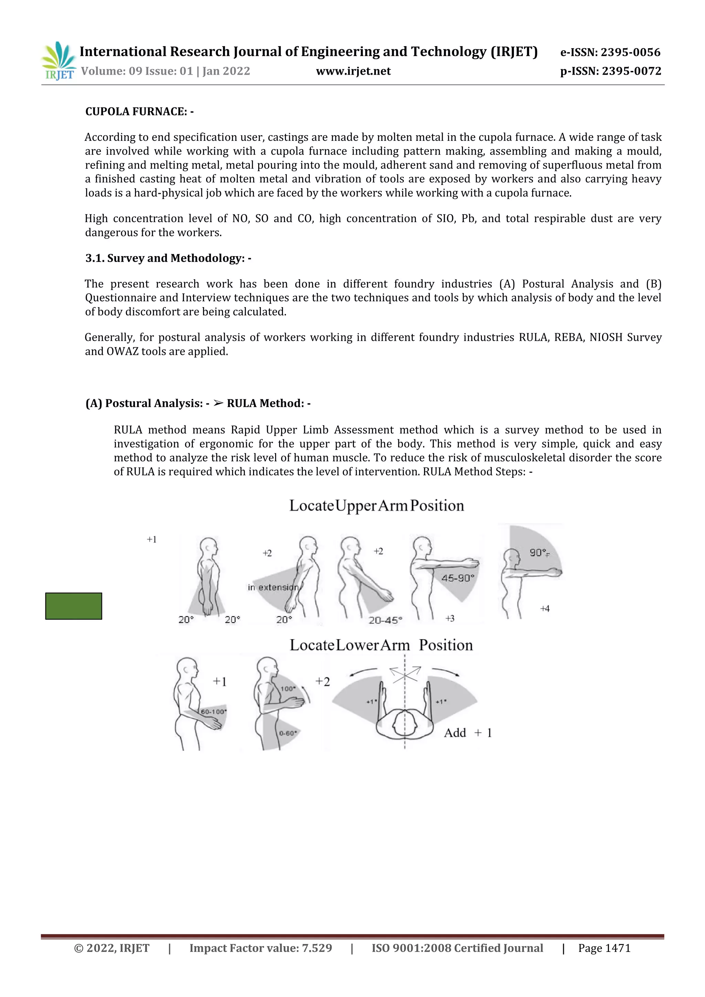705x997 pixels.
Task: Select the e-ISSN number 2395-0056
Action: click(x=630, y=53)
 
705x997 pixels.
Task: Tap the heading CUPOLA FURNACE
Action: click(x=139, y=112)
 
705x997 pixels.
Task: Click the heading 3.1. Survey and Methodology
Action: click(x=168, y=258)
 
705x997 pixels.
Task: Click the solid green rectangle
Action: click(x=73, y=606)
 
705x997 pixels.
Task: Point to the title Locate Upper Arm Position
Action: click(x=376, y=505)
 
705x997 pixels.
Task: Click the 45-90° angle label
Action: click(x=457, y=578)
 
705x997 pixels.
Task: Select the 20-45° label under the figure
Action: click(x=385, y=620)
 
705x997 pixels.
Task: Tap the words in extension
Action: click(x=273, y=588)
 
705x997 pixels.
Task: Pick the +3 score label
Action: click(x=450, y=618)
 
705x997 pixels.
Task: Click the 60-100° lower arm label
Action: click(x=213, y=712)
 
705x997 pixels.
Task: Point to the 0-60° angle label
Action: click(x=288, y=733)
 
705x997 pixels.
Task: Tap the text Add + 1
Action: click(x=467, y=733)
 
